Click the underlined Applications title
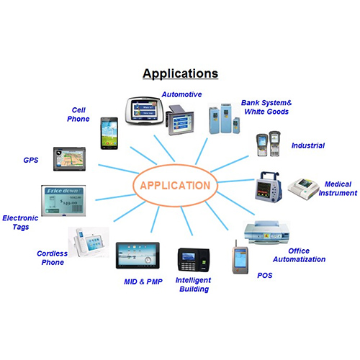(x=180, y=73)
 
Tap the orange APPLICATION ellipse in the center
(x=175, y=166)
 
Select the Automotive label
(x=181, y=94)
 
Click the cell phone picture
(x=109, y=133)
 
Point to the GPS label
(x=31, y=160)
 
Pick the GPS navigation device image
(x=69, y=159)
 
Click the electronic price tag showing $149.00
(x=63, y=201)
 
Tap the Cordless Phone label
(x=53, y=258)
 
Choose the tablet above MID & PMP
(x=138, y=256)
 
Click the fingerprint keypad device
(x=194, y=260)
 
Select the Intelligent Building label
(x=194, y=284)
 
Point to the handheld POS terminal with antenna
(x=240, y=258)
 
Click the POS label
(x=265, y=275)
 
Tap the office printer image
(x=266, y=233)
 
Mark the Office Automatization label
(x=300, y=255)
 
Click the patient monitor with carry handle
(x=269, y=188)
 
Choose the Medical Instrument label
(x=338, y=189)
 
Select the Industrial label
(x=308, y=145)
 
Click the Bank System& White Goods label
(x=266, y=107)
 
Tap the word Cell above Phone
(x=78, y=110)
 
